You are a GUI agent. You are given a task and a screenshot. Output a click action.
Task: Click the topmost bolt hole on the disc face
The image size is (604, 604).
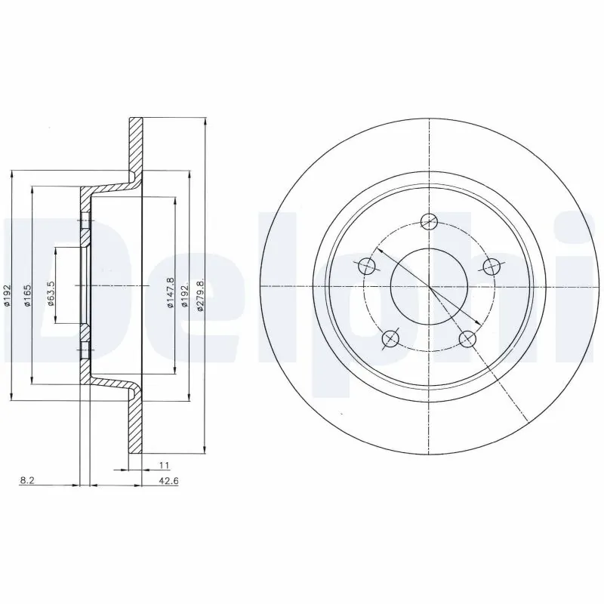pyautogui.click(x=429, y=221)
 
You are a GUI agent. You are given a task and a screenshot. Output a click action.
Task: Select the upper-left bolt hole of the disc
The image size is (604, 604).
pyautogui.click(x=366, y=265)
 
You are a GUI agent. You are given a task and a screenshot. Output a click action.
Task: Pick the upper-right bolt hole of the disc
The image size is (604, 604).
pyautogui.click(x=492, y=266)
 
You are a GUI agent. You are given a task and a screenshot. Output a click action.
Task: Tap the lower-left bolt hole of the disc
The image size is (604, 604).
pyautogui.click(x=390, y=338)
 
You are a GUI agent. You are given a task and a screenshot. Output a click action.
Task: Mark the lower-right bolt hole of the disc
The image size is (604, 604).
pyautogui.click(x=467, y=338)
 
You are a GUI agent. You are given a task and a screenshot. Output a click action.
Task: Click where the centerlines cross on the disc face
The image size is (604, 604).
pyautogui.click(x=429, y=287)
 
